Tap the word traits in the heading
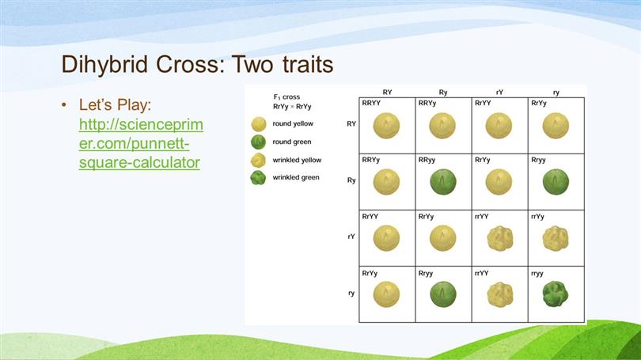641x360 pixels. click(308, 64)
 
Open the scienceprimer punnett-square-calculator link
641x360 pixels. click(141, 143)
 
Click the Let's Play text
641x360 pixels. click(115, 104)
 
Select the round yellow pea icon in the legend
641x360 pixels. click(258, 123)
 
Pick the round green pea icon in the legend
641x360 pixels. click(258, 142)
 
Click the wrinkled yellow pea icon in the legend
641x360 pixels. click(258, 160)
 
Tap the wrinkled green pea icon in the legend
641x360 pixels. click(258, 178)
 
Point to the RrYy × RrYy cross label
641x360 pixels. click(292, 107)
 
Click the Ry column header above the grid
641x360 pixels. click(443, 93)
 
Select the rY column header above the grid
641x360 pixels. click(499, 93)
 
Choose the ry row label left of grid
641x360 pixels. click(351, 293)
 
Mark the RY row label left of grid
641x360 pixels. click(351, 123)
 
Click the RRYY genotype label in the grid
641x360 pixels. click(371, 103)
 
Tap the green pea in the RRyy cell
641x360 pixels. click(443, 182)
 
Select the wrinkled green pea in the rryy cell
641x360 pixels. click(556, 294)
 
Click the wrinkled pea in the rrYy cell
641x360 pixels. click(556, 238)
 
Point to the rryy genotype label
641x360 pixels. click(537, 274)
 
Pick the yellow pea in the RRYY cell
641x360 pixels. click(386, 126)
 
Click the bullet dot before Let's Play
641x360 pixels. click(64, 105)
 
